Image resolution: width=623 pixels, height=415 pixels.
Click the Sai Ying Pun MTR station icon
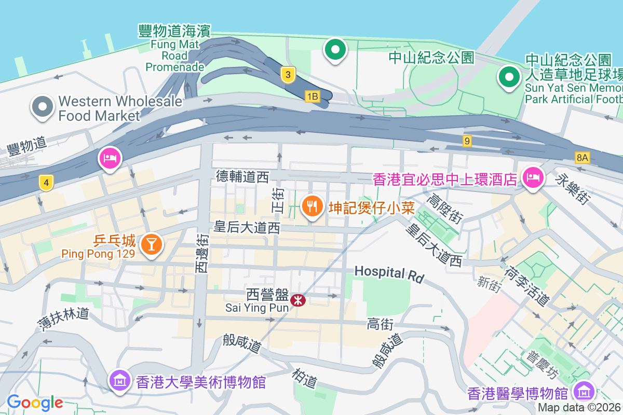(298, 300)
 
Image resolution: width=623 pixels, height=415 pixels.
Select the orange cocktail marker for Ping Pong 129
(152, 244)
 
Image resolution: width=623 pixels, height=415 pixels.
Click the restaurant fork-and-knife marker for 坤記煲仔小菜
(311, 207)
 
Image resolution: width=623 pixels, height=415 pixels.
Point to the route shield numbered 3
(288, 75)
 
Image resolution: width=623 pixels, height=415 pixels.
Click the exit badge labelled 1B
(311, 96)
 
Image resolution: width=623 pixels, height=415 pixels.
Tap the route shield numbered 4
(46, 183)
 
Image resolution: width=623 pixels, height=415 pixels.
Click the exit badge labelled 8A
(583, 157)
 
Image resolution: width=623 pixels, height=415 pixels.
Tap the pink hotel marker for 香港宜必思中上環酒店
(533, 178)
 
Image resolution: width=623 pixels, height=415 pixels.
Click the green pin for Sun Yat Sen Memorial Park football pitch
(509, 78)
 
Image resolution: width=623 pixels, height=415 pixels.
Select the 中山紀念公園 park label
(431, 57)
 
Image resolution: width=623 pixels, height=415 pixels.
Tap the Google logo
(35, 403)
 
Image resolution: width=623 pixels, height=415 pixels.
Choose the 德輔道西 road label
(242, 177)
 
